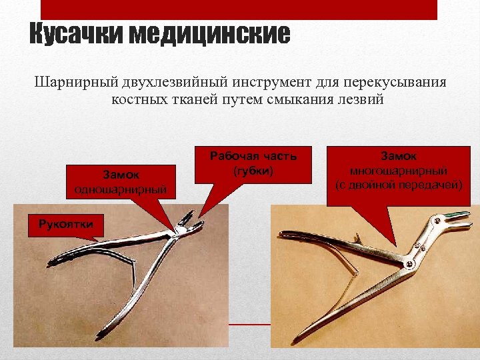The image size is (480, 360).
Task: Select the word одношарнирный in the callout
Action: click(x=121, y=189)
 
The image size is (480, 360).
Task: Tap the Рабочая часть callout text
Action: click(x=253, y=156)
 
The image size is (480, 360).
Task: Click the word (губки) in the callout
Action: click(x=253, y=170)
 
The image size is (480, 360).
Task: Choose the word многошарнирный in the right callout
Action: click(x=399, y=170)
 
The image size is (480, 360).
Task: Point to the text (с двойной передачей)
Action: click(x=399, y=183)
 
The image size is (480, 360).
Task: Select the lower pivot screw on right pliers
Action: click(x=407, y=265)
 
